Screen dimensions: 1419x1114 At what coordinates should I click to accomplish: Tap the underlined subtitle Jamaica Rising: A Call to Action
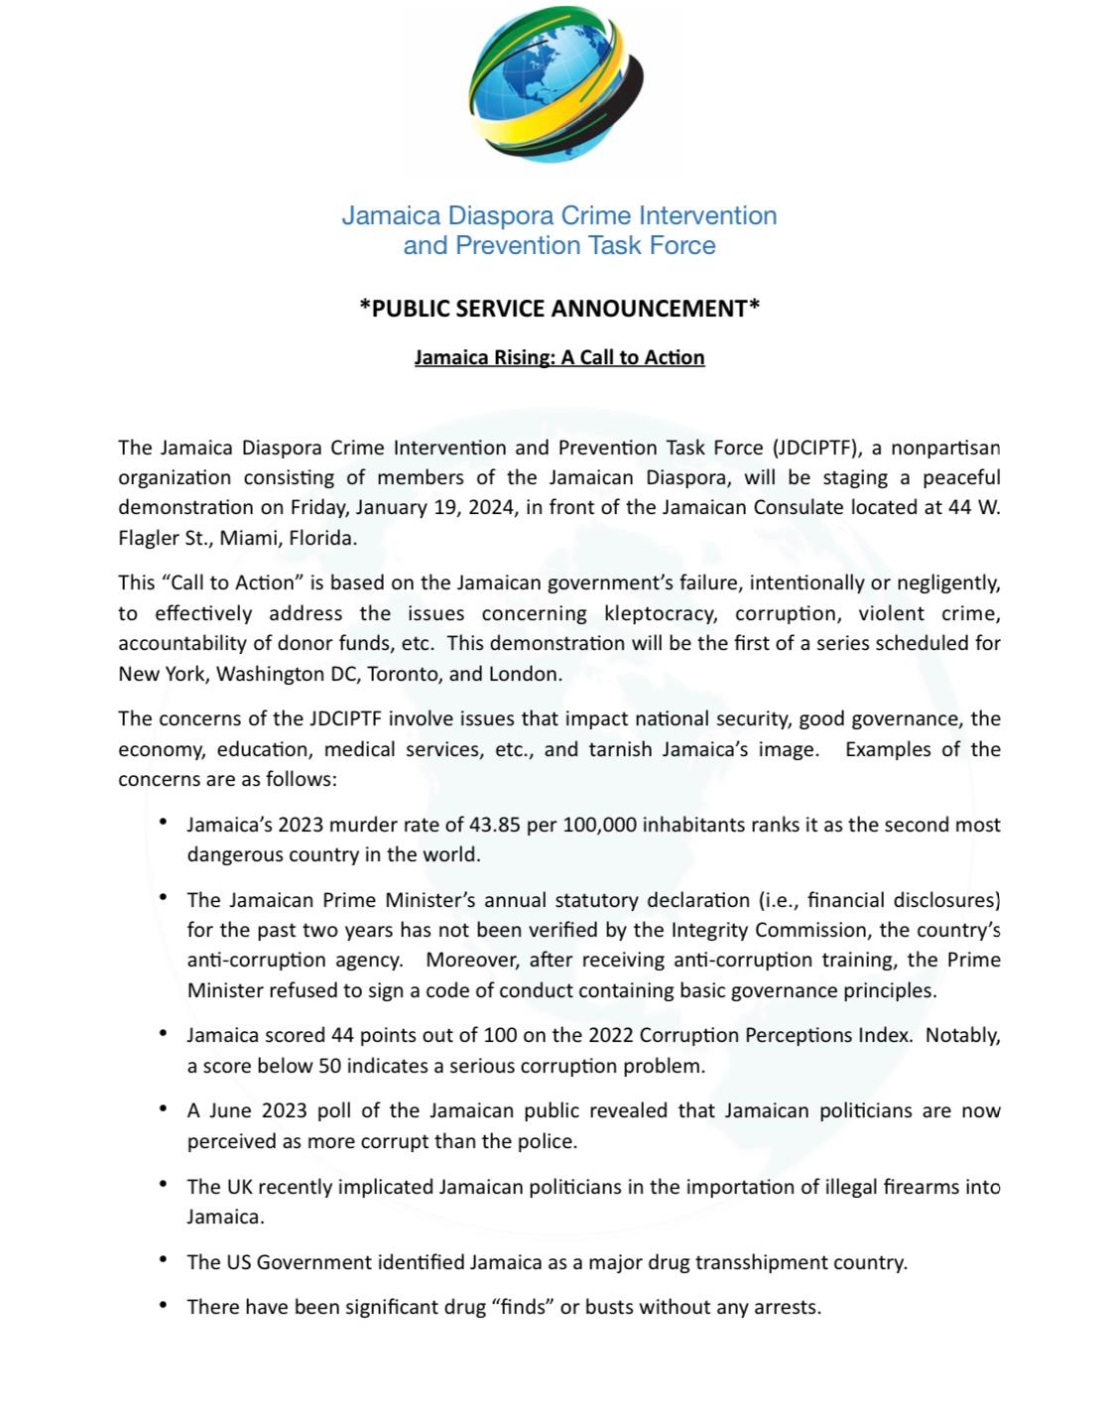(x=558, y=357)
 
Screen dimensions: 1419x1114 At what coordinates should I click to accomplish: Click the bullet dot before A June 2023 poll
(x=163, y=1108)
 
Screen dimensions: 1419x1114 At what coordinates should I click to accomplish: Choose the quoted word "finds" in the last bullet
(x=523, y=1307)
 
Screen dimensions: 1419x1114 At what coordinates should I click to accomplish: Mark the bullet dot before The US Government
(x=163, y=1260)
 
